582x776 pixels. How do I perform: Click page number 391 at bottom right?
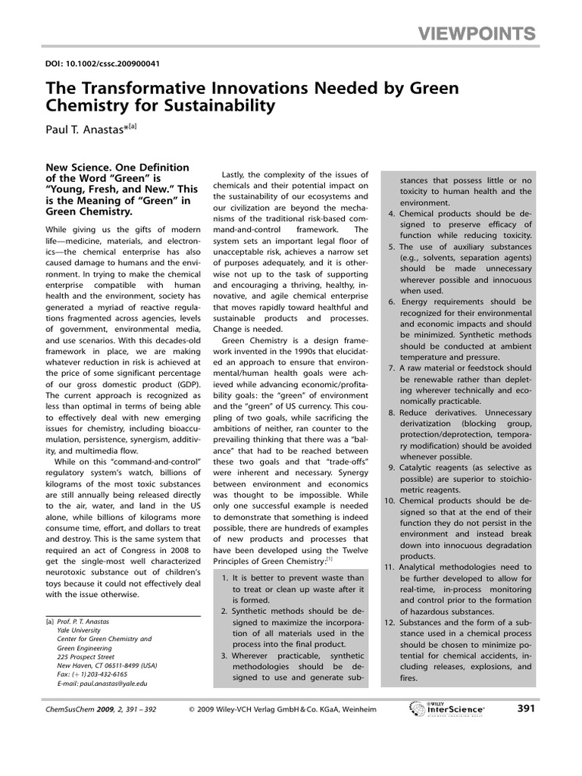pos(526,709)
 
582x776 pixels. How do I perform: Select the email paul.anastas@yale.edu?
pos(102,683)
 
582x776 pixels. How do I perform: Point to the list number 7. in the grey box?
pos(390,368)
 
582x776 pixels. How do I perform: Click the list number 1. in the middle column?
pos(226,578)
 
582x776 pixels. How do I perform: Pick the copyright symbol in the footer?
pos(192,710)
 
